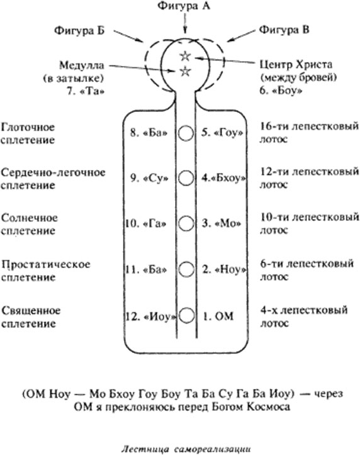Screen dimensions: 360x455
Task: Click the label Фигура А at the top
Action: click(184, 6)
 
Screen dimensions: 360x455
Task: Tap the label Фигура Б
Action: click(79, 30)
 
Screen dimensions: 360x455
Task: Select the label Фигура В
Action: click(284, 30)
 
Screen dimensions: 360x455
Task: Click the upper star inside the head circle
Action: click(185, 56)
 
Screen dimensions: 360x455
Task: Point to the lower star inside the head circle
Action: click(185, 71)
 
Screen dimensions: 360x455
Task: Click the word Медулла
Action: click(82, 65)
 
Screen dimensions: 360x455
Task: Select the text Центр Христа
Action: click(296, 64)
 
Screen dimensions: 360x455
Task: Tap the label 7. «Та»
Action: click(86, 91)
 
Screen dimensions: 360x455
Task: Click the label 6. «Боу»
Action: click(281, 91)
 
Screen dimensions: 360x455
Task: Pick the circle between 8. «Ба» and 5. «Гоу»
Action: click(186, 133)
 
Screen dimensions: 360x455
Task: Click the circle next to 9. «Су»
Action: click(186, 178)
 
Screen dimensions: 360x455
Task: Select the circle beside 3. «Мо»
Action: click(186, 223)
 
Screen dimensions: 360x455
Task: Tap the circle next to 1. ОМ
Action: click(186, 316)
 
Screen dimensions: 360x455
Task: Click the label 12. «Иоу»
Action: click(151, 317)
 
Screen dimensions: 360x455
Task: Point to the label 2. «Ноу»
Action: click(224, 269)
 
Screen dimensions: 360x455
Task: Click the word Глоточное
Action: click(28, 127)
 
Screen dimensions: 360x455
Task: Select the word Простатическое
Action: click(46, 264)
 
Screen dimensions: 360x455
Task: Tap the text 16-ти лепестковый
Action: click(309, 126)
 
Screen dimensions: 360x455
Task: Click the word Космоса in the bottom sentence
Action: click(268, 407)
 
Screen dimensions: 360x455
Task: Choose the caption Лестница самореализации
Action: click(186, 449)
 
